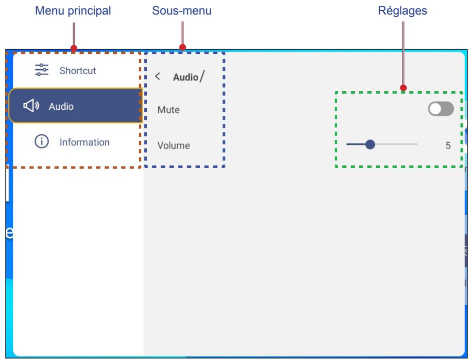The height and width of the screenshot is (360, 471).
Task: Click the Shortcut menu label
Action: coord(78,71)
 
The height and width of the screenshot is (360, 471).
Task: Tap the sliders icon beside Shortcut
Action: coord(42,70)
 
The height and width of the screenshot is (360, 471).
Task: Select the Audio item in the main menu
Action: coord(75,106)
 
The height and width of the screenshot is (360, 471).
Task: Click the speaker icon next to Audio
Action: coord(31,106)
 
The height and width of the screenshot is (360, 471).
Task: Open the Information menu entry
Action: coord(84,142)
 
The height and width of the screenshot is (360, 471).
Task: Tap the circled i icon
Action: coord(42,141)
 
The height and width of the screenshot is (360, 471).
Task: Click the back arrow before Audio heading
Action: coord(157,76)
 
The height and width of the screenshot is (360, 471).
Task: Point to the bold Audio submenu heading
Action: coord(185,77)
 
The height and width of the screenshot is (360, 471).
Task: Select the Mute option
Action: coord(168,110)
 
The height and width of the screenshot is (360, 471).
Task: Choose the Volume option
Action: coord(174,145)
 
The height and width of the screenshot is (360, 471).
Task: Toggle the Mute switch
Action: coord(440,109)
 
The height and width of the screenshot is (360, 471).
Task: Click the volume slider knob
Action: coord(370,144)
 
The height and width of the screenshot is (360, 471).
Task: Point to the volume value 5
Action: coord(448,145)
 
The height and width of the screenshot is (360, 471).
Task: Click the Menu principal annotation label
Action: coord(73,11)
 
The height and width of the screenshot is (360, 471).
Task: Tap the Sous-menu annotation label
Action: coord(182,11)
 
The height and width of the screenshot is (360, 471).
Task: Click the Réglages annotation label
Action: coord(402,11)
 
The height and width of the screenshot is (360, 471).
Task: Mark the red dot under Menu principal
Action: coord(74,48)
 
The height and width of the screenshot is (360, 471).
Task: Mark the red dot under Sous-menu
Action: coord(182,47)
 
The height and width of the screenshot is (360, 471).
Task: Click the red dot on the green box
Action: coord(403,88)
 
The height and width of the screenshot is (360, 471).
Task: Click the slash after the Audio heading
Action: coord(202,76)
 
